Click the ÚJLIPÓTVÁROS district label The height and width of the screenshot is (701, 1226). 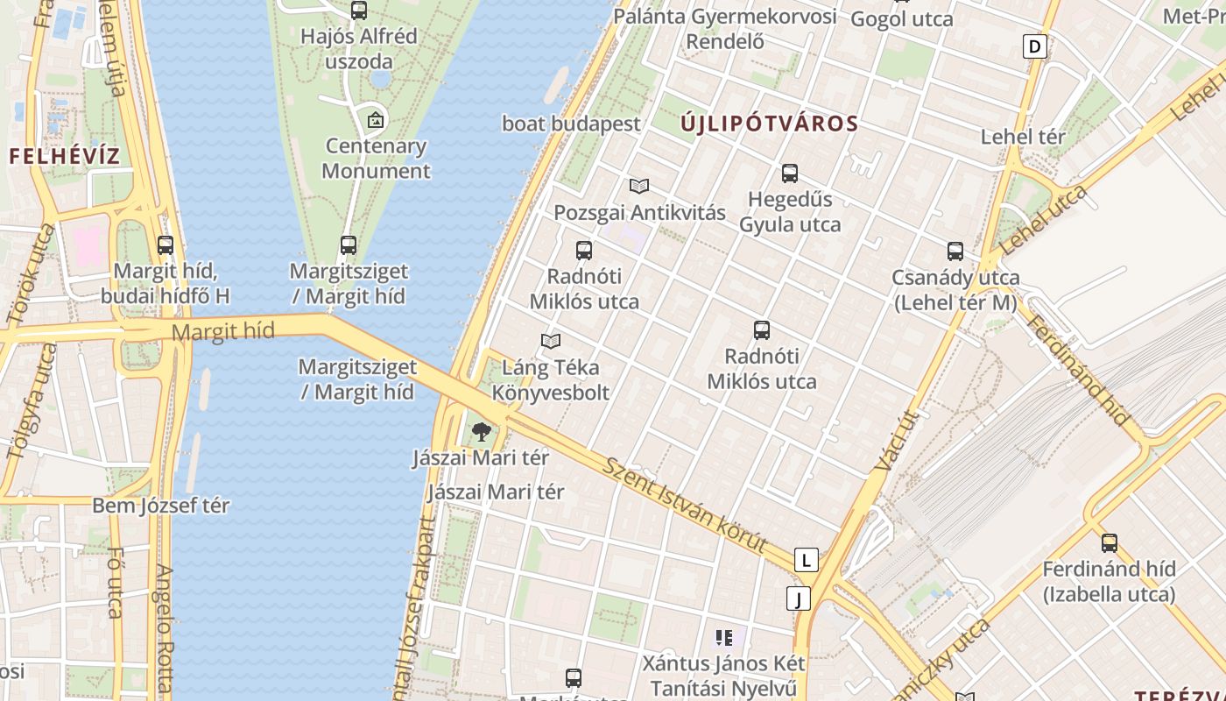point(769,124)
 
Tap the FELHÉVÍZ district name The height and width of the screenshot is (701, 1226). point(65,157)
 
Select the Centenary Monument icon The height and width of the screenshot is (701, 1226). point(376,119)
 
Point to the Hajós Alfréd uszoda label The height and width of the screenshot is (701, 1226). point(358,49)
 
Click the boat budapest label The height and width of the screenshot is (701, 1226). point(571,124)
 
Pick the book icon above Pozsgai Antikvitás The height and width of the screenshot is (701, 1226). point(639,186)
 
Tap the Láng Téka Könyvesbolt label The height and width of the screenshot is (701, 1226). point(550,380)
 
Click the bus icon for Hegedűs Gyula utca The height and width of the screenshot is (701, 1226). point(790,173)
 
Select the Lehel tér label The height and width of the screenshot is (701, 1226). point(1023,137)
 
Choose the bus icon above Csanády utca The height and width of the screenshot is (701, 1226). point(955,251)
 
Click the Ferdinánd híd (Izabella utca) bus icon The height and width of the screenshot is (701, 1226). point(1110,542)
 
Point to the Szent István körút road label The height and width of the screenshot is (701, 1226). point(684,503)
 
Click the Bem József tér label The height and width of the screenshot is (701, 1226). point(161,506)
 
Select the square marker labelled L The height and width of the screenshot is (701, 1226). point(806,560)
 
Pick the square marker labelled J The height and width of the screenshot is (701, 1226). point(798,598)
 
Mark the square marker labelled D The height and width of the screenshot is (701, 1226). point(1035,46)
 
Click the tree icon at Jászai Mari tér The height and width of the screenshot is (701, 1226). point(481,431)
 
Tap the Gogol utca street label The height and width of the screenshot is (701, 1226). point(901,19)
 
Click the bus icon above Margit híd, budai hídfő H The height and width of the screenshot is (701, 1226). point(166,245)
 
